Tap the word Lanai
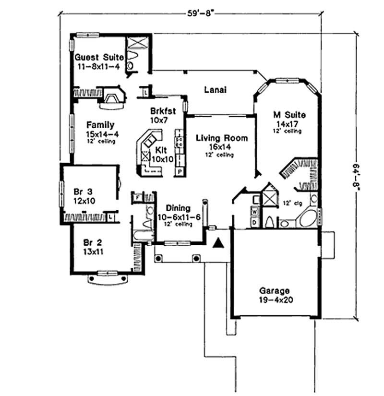coord(215,90)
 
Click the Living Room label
coord(222,138)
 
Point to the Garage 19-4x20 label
coord(275,291)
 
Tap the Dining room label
coord(179,208)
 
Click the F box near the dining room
coord(137,197)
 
